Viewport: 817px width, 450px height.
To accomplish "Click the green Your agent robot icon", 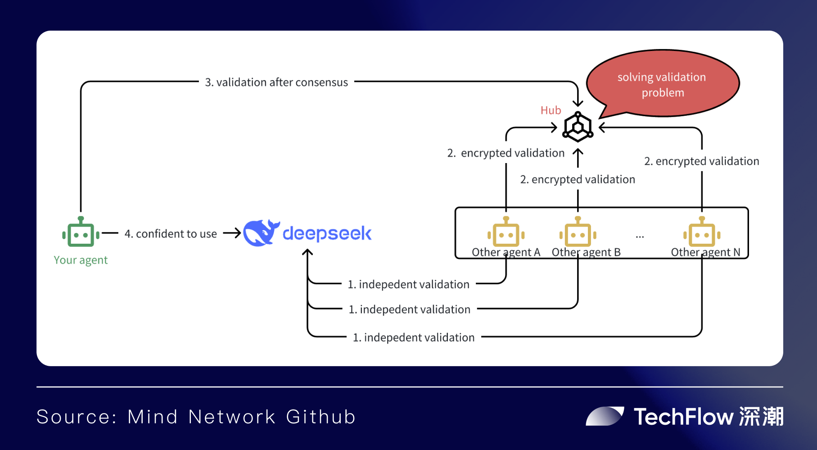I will pos(81,232).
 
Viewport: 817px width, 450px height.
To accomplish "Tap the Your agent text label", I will pos(81,260).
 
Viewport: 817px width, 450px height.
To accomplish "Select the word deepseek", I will pos(327,233).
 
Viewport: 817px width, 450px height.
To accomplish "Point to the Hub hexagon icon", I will pos(578,127).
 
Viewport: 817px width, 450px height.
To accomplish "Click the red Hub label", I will pos(551,110).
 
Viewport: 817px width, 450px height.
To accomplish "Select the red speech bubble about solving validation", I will pos(662,84).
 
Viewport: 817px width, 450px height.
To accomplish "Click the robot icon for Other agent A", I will pos(506,232).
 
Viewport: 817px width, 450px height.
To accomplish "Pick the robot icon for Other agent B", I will pos(578,232).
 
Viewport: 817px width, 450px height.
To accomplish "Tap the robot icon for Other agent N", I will pos(702,232).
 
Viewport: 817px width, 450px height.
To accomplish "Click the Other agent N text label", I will pos(705,252).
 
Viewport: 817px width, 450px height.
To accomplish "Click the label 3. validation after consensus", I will pos(276,82).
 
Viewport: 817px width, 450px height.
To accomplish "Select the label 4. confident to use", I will pos(171,234).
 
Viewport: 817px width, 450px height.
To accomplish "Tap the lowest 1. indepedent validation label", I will pos(414,337).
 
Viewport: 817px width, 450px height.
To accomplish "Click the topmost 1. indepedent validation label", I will pos(408,284).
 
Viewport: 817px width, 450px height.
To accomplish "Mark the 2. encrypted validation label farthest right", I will pos(701,161).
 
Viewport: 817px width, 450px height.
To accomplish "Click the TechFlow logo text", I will pos(684,417).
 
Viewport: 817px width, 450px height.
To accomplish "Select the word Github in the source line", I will pos(320,417).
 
